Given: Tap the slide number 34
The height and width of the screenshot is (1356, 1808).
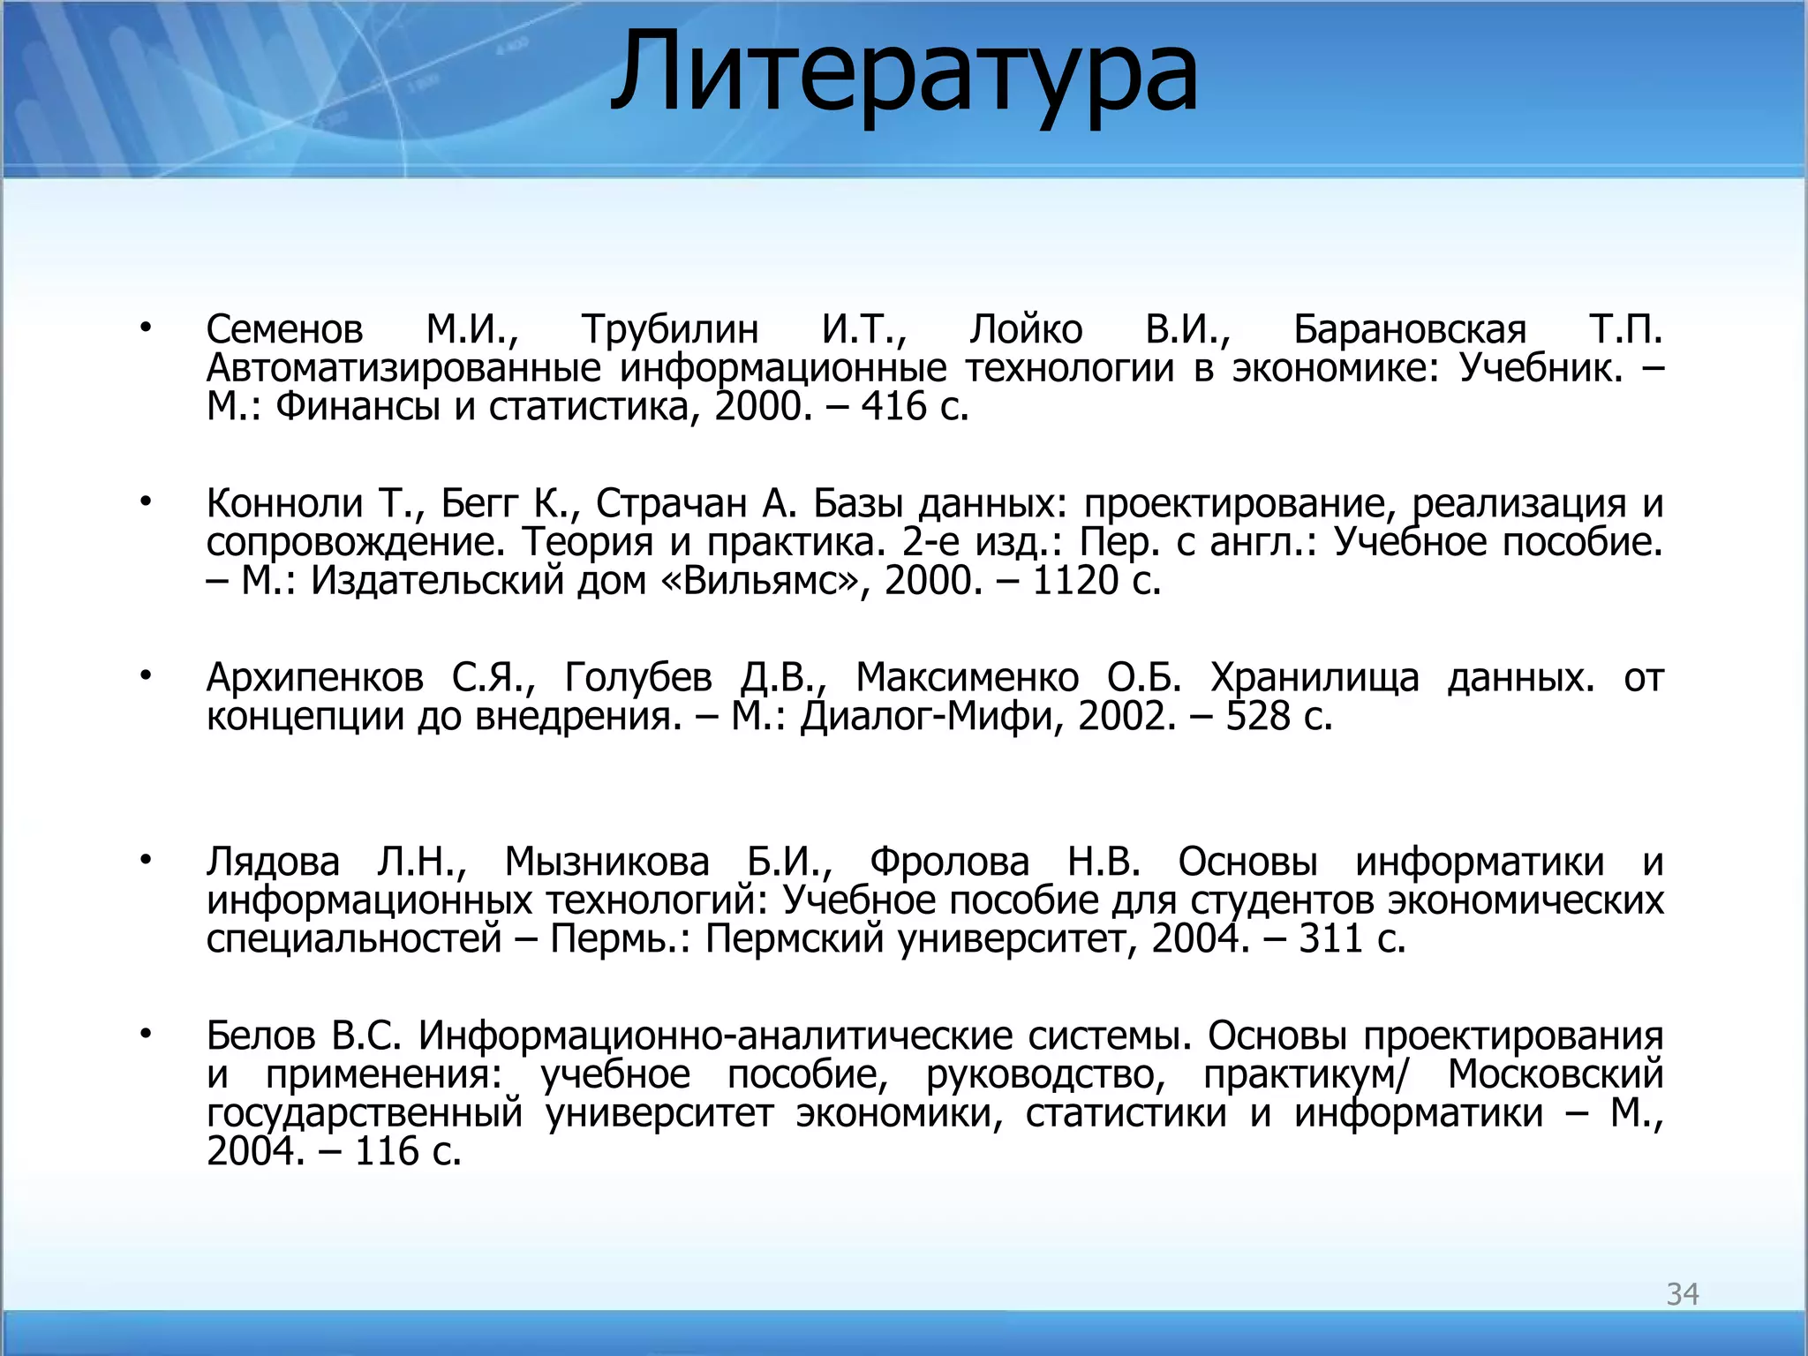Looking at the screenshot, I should click(x=1682, y=1294).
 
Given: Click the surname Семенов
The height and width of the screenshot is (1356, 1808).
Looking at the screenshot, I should click(x=284, y=330).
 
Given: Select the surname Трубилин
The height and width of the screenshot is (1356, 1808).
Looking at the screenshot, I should click(x=670, y=330).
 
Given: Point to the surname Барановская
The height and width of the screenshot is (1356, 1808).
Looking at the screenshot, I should click(x=1410, y=330).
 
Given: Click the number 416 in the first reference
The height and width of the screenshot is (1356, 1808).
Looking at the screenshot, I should click(x=893, y=407).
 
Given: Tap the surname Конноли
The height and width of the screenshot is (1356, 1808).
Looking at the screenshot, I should click(x=284, y=504).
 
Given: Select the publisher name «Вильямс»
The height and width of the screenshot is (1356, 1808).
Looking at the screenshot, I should click(x=760, y=581).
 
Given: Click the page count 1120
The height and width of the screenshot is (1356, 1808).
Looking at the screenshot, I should click(x=1074, y=581).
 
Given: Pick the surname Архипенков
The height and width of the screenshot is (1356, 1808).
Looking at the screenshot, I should click(x=314, y=678).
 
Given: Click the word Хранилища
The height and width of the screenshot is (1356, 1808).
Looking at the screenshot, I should click(x=1315, y=678).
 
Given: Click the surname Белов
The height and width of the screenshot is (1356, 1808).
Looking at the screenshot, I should click(x=260, y=1036).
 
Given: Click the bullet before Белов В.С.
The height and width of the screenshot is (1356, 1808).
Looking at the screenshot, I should click(x=146, y=1033).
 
